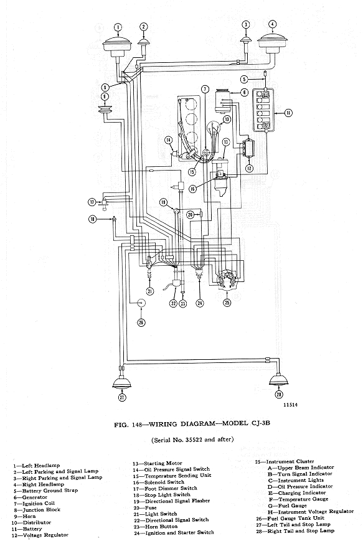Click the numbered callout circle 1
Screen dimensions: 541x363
click(x=118, y=27)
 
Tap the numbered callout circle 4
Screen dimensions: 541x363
click(x=271, y=24)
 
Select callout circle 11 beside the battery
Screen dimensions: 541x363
click(x=288, y=113)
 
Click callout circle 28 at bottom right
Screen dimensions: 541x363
click(x=278, y=393)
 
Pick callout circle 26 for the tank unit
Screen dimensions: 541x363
click(x=141, y=322)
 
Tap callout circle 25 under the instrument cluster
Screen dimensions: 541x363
click(x=227, y=303)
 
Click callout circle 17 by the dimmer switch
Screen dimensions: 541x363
click(x=91, y=202)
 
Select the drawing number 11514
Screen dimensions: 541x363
click(x=291, y=405)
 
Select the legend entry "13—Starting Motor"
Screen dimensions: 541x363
click(x=155, y=463)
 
